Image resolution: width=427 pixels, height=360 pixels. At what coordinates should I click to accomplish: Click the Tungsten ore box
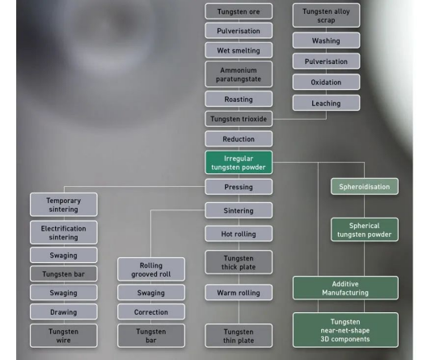[239, 11]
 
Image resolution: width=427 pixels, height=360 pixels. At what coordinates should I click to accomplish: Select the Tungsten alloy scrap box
[326, 15]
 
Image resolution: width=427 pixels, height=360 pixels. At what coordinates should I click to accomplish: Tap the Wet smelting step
[239, 50]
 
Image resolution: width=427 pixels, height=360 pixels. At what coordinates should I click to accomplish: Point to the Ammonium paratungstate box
[239, 74]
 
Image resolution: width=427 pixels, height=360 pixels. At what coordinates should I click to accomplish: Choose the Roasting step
[239, 100]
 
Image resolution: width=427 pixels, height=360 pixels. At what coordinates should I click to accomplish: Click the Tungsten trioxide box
[239, 119]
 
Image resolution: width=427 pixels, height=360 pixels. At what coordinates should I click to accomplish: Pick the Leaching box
[326, 103]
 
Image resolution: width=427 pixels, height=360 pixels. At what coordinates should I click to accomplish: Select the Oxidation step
[326, 82]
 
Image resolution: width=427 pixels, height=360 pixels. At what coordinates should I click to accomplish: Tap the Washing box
[326, 40]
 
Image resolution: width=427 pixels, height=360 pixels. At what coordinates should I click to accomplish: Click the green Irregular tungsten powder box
[239, 163]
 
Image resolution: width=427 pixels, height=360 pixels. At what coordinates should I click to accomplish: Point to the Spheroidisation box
[365, 187]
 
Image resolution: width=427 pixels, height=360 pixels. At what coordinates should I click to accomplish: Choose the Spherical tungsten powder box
[365, 230]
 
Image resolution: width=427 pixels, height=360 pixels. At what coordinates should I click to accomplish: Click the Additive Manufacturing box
[345, 288]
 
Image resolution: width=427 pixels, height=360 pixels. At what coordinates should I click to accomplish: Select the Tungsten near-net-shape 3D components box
[345, 330]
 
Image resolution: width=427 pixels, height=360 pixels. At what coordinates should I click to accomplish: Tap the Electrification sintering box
[64, 232]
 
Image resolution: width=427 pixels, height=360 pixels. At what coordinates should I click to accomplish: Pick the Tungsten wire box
[64, 336]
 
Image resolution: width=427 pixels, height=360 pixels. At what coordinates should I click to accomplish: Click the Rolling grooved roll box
[151, 269]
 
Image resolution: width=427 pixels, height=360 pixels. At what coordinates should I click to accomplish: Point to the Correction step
[151, 311]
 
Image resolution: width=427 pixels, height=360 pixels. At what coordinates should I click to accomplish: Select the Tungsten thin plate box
[239, 336]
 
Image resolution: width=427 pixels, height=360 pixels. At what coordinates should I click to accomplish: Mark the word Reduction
[239, 139]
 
